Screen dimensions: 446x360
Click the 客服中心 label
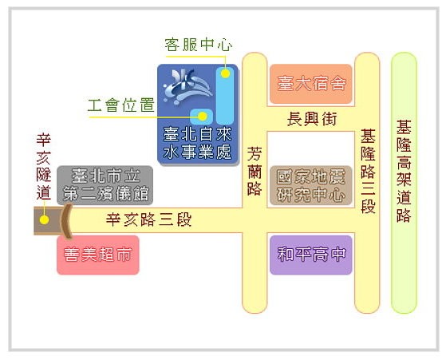click(198, 45)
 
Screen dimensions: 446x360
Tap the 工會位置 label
click(121, 105)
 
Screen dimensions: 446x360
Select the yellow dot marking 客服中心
click(225, 73)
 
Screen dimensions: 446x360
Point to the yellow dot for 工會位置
click(203, 116)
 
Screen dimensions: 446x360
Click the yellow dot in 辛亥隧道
click(44, 220)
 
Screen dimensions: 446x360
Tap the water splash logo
click(187, 86)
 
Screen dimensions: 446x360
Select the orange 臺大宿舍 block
click(311, 84)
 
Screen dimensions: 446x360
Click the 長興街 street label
click(312, 119)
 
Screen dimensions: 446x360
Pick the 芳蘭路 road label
click(255, 172)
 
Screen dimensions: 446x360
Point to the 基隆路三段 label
click(368, 172)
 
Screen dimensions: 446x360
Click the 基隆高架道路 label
click(404, 172)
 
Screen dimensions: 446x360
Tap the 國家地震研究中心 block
click(311, 185)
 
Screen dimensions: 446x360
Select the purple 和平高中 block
click(311, 255)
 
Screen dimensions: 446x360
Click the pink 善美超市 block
click(98, 255)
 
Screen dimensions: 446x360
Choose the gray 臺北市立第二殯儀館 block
click(105, 185)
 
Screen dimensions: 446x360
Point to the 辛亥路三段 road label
click(148, 220)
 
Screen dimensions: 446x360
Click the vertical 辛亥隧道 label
click(44, 167)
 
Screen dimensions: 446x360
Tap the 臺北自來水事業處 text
click(197, 143)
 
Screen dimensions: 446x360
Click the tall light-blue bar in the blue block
click(225, 96)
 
